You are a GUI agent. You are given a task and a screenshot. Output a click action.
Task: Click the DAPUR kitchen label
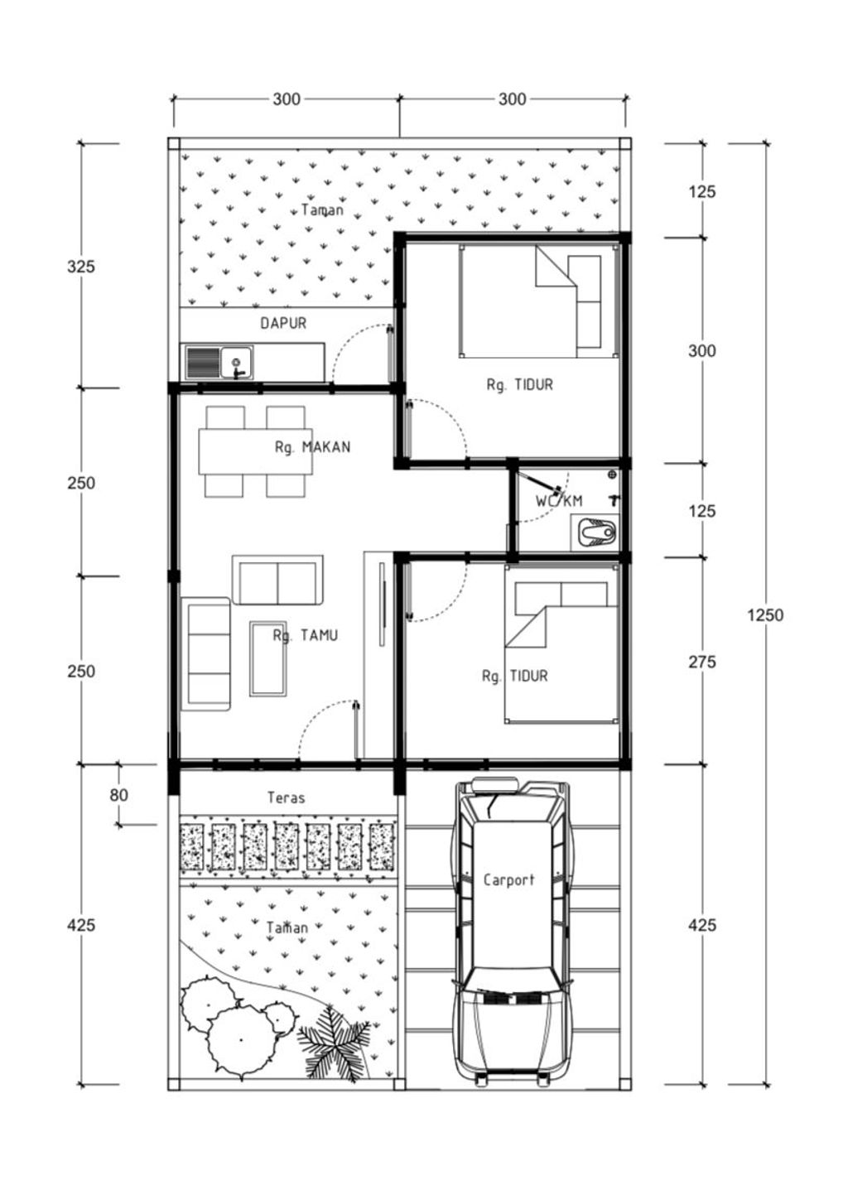pos(283,323)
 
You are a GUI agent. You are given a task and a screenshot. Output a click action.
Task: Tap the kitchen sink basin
pos(237,363)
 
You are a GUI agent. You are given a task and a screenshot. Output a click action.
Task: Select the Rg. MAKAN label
pos(312,447)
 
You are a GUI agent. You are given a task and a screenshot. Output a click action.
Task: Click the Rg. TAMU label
pos(306,635)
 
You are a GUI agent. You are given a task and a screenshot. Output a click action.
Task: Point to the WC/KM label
pos(559,500)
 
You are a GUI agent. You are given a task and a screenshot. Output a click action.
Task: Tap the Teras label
pos(287,797)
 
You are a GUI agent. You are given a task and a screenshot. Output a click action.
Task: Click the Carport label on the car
pos(509,879)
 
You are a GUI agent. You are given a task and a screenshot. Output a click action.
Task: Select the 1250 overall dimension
pos(765,614)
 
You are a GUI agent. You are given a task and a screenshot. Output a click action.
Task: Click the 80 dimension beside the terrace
pos(119,795)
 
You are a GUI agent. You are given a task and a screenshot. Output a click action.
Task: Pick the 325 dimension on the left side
pos(81,266)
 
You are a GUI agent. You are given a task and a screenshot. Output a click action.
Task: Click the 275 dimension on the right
pos(702,662)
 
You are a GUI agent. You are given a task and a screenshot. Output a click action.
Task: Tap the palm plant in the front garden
pos(334,1044)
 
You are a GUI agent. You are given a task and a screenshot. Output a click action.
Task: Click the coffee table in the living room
pos(268,658)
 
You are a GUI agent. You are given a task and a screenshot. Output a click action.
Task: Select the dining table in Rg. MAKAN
pos(256,451)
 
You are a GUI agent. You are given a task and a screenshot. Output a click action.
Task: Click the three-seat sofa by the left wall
pos(205,654)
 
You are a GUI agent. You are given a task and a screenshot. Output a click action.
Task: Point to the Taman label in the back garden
pos(322,210)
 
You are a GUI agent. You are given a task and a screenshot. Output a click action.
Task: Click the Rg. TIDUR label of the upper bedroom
pos(519,384)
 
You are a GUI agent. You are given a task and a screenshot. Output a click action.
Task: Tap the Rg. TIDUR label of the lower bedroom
pos(515,676)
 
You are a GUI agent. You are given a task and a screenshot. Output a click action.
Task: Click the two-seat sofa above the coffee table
pos(277,580)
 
